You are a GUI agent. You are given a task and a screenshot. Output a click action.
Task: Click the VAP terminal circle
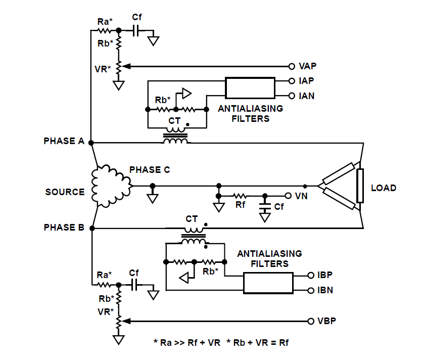coord(292,66)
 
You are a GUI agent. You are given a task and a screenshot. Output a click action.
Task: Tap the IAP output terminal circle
coord(292,81)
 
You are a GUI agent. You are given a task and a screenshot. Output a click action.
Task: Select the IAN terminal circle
coord(292,96)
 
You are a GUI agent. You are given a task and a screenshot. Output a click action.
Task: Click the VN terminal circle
coord(288,196)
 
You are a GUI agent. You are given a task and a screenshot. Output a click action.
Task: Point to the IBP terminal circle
coord(311,275)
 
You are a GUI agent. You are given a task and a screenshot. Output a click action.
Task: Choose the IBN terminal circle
coord(311,290)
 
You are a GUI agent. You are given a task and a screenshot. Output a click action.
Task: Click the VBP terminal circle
coord(311,321)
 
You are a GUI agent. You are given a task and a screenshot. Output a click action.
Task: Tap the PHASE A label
coord(64,141)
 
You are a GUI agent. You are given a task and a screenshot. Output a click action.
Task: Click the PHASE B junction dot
coord(92,229)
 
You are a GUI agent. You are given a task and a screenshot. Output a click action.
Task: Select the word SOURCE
coord(65,192)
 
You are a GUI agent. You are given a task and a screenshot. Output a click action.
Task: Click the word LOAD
coord(384,188)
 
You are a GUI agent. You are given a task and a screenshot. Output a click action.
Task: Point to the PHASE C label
coord(150,170)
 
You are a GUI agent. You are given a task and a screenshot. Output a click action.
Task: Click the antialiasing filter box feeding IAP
coord(250,88)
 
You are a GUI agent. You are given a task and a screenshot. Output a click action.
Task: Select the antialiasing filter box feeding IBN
coord(268,283)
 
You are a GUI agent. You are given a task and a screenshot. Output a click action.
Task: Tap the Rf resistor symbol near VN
coord(240,196)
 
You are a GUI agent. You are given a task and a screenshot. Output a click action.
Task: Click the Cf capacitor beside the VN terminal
coord(265,206)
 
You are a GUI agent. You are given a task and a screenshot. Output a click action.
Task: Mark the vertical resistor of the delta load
coord(360,186)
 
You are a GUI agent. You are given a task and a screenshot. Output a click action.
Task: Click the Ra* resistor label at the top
coord(105,22)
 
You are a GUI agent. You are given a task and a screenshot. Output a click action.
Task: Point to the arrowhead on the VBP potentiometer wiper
coord(126,321)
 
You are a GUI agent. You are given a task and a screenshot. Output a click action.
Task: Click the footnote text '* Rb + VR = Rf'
coord(257,343)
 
